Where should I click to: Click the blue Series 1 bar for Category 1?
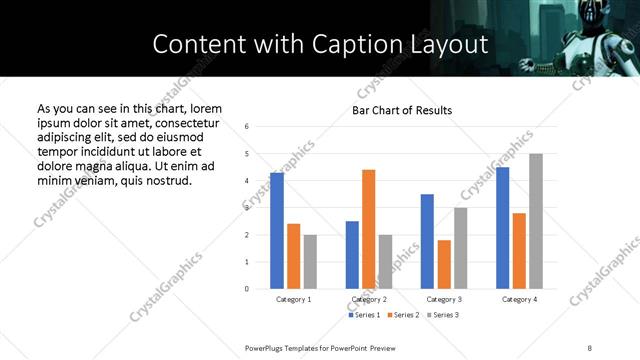point(277,231)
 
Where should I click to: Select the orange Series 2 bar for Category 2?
point(368,229)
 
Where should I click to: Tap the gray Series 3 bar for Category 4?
point(536,221)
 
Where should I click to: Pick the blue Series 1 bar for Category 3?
point(427,241)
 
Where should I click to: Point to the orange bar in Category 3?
point(444,264)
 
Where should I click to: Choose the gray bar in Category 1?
point(310,262)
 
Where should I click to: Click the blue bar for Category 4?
point(502,228)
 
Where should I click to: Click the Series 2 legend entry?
point(402,315)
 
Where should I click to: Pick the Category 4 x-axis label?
point(519,299)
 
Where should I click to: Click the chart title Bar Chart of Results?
point(402,110)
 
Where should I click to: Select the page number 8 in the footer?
point(591,347)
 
